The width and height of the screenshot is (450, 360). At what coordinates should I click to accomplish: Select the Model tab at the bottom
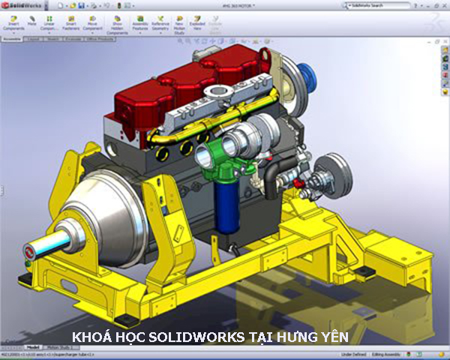pos(33,348)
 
